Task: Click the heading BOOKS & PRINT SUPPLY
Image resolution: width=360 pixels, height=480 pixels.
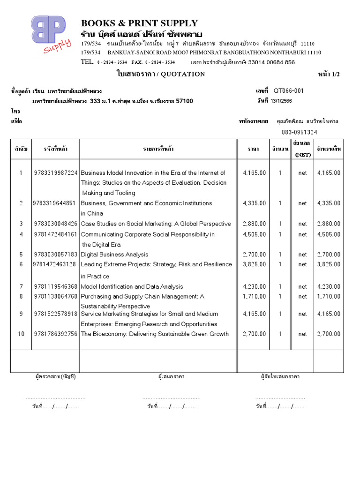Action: click(139, 23)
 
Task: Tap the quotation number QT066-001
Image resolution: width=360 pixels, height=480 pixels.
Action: click(288, 91)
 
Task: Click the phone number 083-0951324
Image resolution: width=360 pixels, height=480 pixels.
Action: click(299, 132)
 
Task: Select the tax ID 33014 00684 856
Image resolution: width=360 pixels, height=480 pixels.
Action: click(271, 62)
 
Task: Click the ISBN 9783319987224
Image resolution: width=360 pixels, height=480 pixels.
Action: click(56, 173)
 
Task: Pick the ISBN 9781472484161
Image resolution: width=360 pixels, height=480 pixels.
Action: click(56, 234)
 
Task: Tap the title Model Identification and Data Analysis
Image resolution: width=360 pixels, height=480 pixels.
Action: click(132, 286)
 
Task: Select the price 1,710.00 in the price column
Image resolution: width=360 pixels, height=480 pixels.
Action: click(255, 296)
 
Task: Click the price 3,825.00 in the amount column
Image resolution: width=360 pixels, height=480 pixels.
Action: click(329, 264)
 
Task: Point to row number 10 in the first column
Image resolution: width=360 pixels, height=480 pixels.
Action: click(21, 334)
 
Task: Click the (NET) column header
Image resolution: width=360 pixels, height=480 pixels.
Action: click(302, 154)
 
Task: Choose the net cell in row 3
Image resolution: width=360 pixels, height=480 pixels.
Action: click(302, 224)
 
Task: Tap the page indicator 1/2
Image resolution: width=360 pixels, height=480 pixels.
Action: click(336, 75)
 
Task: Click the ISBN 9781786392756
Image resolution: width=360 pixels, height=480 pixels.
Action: click(56, 334)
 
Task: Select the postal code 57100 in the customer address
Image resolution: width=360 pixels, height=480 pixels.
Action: click(184, 101)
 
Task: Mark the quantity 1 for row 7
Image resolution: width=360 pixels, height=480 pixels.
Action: click(280, 286)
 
